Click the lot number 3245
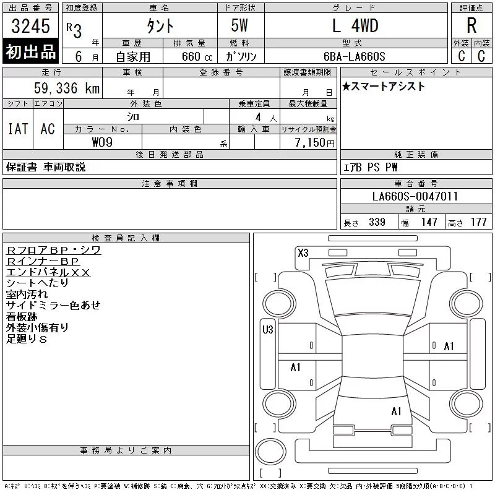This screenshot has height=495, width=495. click(x=30, y=26)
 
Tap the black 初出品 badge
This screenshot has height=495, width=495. click(x=30, y=51)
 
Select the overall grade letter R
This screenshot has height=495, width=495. click(x=471, y=25)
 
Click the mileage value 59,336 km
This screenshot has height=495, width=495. click(x=67, y=88)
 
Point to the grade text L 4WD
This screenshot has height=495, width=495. click(x=355, y=25)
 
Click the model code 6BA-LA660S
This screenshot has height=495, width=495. click(x=354, y=56)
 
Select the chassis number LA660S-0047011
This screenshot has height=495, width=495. click(x=415, y=196)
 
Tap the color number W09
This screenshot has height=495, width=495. click(x=102, y=142)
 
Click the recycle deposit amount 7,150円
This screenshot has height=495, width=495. click(x=314, y=143)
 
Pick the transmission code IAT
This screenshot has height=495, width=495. click(x=18, y=129)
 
